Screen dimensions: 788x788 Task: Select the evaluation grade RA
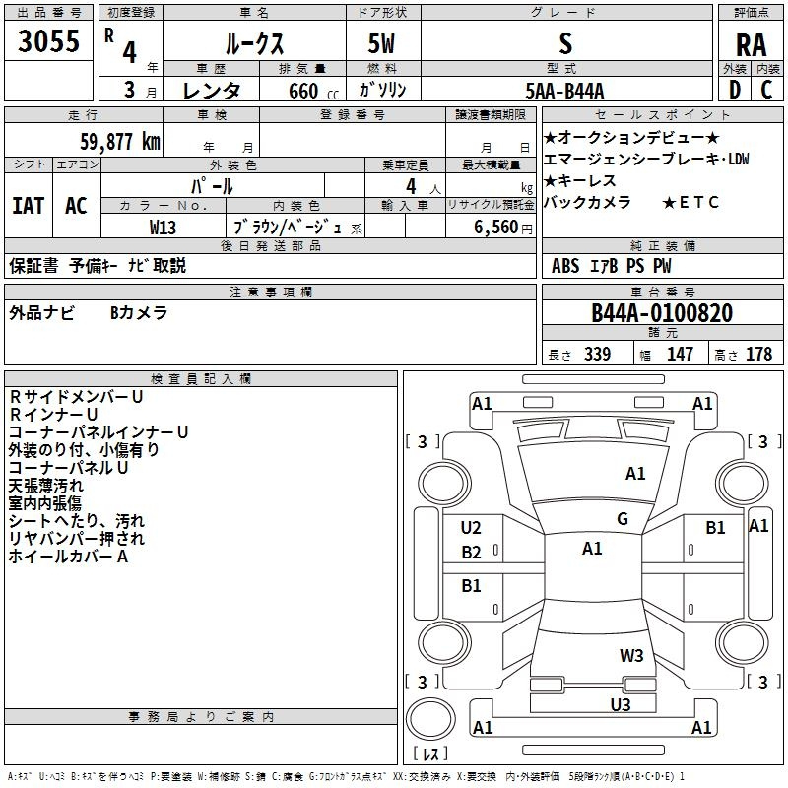(752, 44)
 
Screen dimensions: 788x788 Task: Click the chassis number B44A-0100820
(662, 313)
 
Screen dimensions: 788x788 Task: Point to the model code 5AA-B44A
(564, 90)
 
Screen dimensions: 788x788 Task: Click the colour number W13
(164, 226)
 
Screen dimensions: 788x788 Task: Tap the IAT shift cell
(28, 206)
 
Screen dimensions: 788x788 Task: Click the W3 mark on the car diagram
(631, 655)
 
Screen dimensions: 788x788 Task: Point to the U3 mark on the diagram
(620, 704)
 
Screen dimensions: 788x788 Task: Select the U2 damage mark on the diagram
(471, 528)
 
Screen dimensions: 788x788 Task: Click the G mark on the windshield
(623, 519)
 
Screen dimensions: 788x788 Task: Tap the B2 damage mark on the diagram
(471, 553)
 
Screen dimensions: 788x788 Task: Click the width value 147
(680, 355)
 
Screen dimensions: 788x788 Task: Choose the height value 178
(758, 355)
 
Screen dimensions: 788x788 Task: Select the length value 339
(597, 355)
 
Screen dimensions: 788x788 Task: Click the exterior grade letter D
(734, 90)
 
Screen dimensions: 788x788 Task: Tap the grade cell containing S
(564, 42)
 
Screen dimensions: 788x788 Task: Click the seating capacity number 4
(409, 185)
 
